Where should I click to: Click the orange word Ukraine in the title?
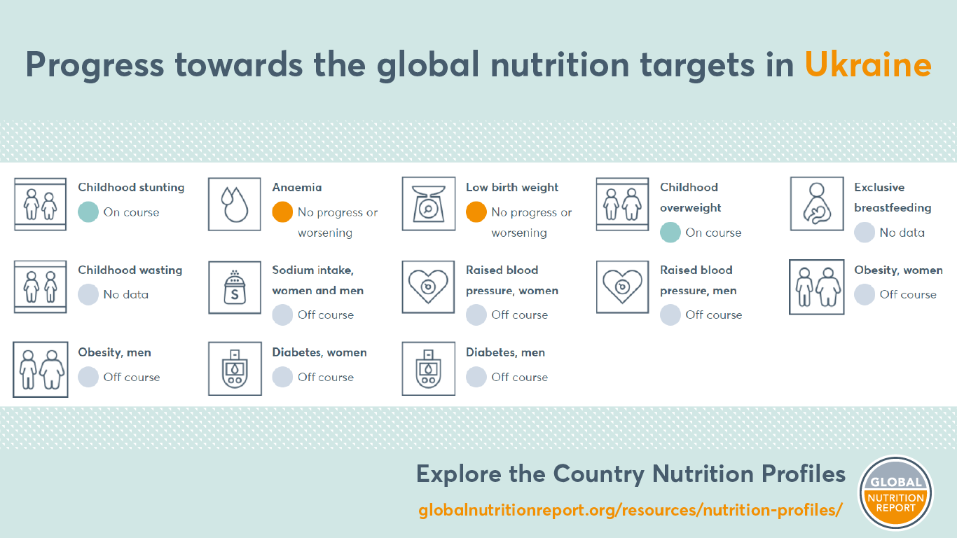(x=868, y=65)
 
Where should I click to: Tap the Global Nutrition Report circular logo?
(x=895, y=492)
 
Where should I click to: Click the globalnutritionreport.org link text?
(x=630, y=510)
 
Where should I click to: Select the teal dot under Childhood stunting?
(x=88, y=212)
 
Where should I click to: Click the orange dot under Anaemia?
(x=282, y=212)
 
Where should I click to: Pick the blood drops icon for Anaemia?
(x=235, y=205)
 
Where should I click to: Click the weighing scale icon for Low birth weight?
(x=429, y=204)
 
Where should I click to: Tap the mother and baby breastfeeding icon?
(x=817, y=204)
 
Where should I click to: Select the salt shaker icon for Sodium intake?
(x=235, y=288)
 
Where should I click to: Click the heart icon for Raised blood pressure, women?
(x=428, y=287)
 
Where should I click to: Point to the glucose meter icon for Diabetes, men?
(x=429, y=368)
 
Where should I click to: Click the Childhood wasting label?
(x=130, y=270)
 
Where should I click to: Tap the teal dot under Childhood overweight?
(x=670, y=233)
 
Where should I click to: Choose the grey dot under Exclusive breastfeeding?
(x=865, y=233)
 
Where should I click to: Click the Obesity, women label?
(x=898, y=270)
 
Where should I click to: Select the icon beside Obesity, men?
(x=41, y=369)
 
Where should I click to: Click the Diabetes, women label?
(x=319, y=352)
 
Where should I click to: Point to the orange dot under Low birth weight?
(x=476, y=212)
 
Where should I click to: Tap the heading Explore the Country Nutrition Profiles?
(x=631, y=474)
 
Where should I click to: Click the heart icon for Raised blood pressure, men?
(x=623, y=287)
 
